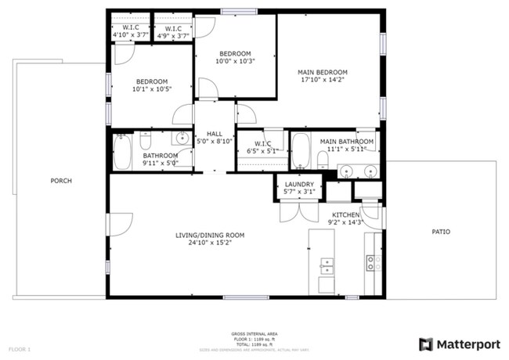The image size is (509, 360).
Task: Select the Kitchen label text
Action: coord(345,214)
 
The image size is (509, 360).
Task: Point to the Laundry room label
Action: coord(299,185)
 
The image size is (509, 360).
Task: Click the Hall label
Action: coord(214,134)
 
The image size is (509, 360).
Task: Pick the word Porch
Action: coord(61,181)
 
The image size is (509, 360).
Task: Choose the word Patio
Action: coord(441,232)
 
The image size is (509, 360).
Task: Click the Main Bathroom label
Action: coord(346,141)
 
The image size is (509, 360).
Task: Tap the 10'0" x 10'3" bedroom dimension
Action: coord(235,62)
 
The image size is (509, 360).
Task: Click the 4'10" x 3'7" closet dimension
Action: coord(130,35)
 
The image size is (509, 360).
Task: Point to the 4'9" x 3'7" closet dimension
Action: coord(173,35)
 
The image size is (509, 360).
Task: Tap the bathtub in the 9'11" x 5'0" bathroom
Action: coord(122,152)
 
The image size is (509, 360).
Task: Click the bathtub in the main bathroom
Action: coord(301,151)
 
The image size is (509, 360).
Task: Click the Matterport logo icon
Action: coord(426,344)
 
